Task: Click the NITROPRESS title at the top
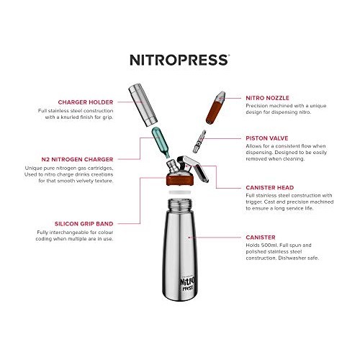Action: (x=179, y=60)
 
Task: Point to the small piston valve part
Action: (x=202, y=138)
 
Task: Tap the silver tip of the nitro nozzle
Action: (x=222, y=96)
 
